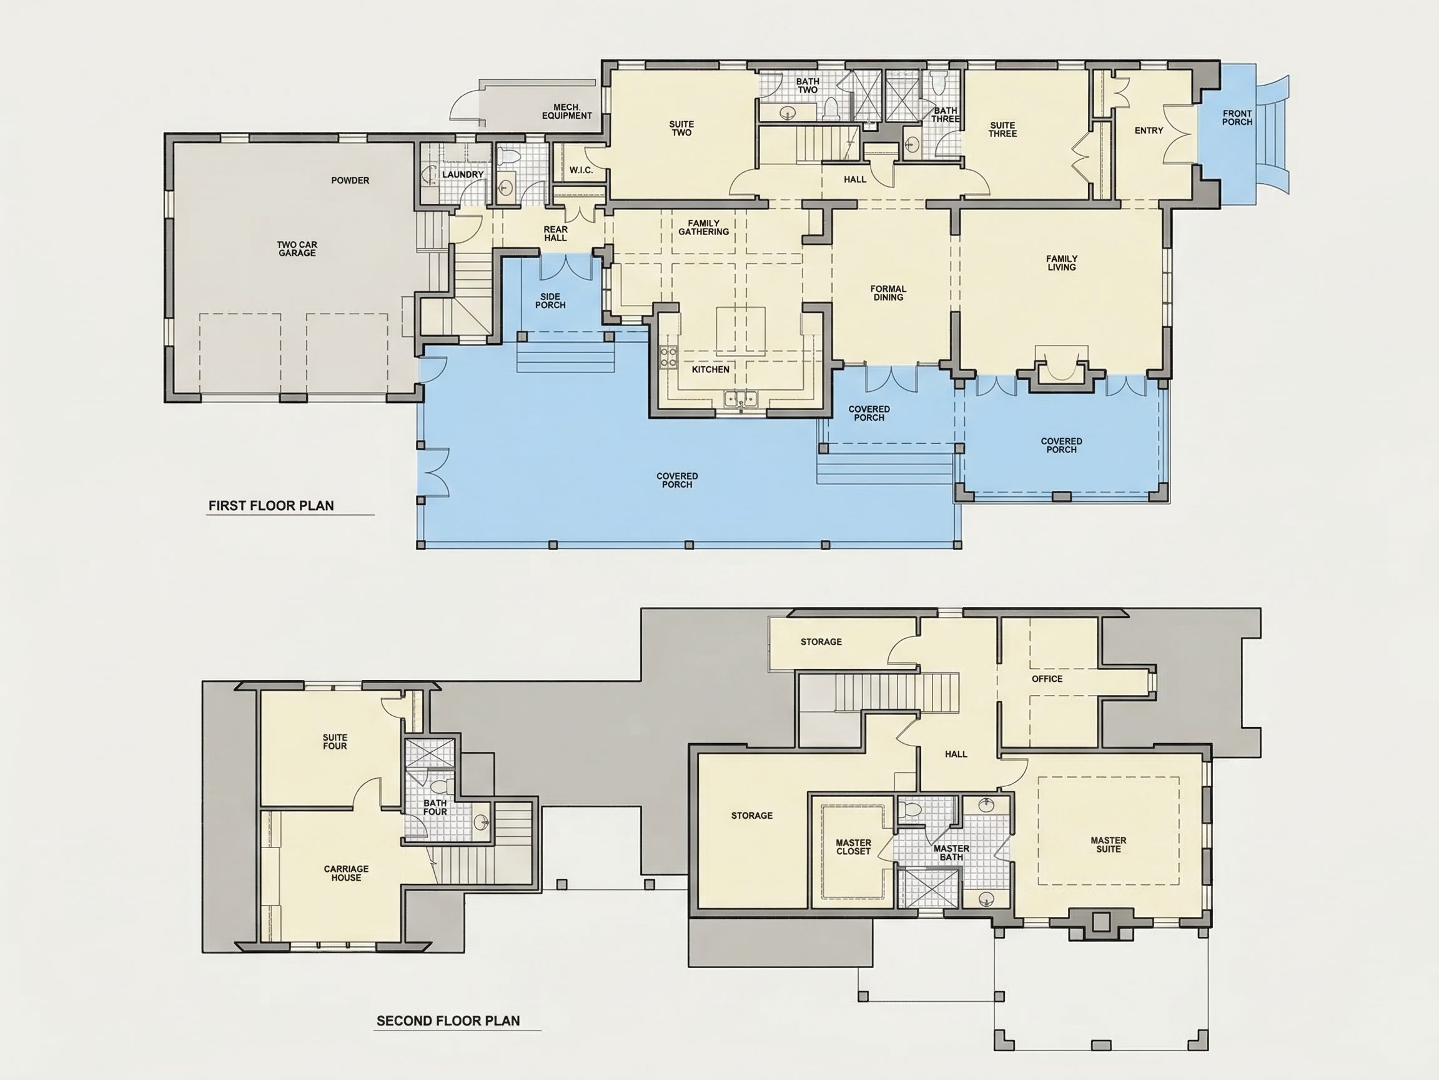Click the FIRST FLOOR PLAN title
(x=270, y=506)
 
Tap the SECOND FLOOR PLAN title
(x=448, y=1021)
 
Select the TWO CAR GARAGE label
(x=297, y=249)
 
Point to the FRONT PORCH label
(x=1237, y=118)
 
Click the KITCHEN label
(x=710, y=370)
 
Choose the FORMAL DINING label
(x=888, y=293)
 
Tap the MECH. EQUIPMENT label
(x=566, y=111)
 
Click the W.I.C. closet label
(x=581, y=171)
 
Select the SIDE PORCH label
(x=550, y=301)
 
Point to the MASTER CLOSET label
(x=853, y=847)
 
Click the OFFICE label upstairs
(x=1047, y=679)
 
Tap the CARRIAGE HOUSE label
(x=346, y=873)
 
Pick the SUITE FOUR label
(x=335, y=742)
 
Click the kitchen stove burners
(x=669, y=356)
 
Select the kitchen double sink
(x=741, y=399)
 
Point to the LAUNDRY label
(x=463, y=174)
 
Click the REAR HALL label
(x=556, y=234)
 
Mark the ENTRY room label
(x=1149, y=131)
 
